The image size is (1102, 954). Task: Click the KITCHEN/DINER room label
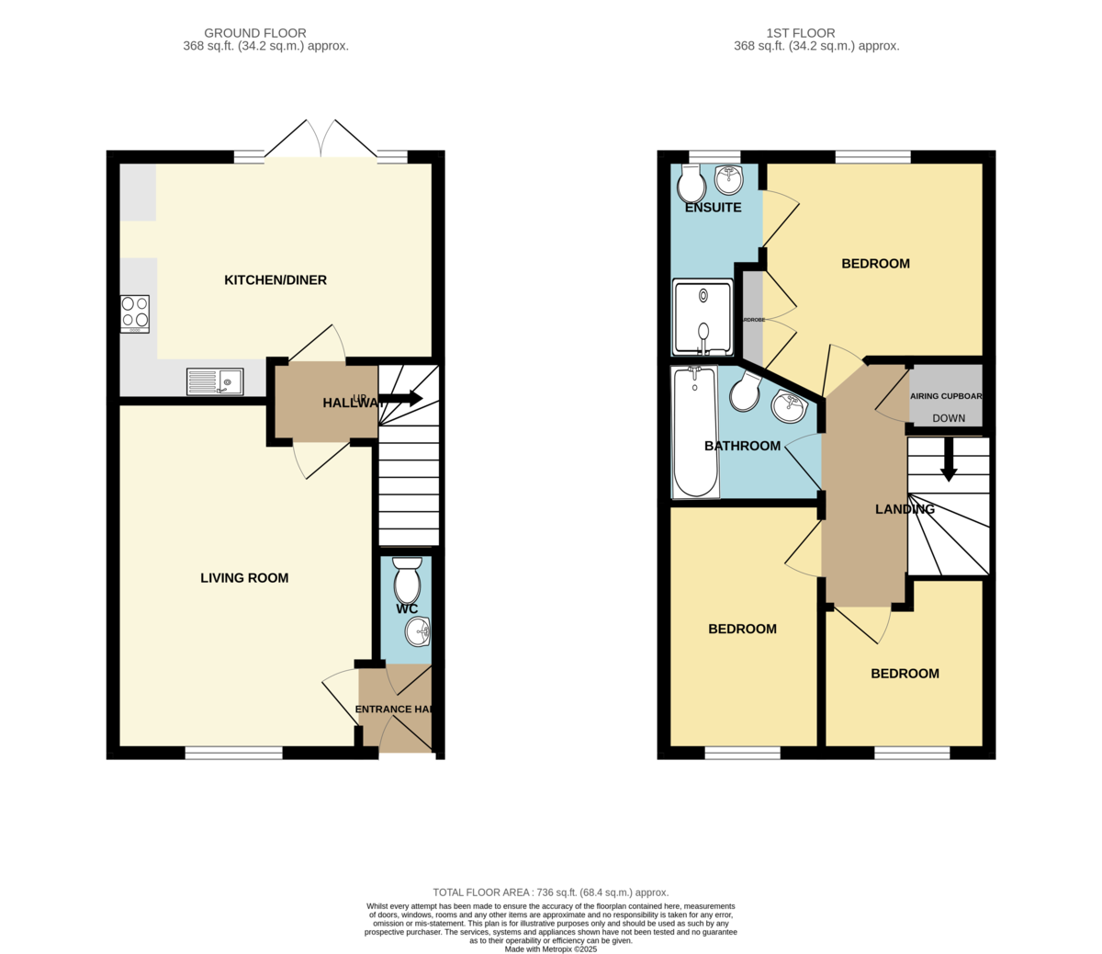pos(275,280)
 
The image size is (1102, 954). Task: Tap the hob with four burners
pos(134,313)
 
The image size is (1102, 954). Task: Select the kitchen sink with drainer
pos(215,381)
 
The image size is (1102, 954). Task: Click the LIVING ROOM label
pos(244,578)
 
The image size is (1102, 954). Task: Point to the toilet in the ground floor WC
pos(407,579)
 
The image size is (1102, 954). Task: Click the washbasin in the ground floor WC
pos(418,630)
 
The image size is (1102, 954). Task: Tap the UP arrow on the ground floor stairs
pos(400,399)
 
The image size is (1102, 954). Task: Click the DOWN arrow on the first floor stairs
pos(949,459)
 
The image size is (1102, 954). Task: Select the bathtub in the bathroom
pos(695,432)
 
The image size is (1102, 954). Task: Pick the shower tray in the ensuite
pos(703,317)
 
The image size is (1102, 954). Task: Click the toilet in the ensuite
pos(691,183)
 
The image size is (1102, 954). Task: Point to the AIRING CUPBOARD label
pos(946,397)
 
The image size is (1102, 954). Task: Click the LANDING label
pos(905,509)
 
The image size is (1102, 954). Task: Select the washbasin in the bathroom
pos(789,404)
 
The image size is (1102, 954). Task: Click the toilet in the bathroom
pos(745,393)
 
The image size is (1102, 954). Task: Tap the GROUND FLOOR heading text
pos(256,34)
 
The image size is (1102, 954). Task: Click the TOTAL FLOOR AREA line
pos(550,892)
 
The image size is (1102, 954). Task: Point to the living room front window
pos(233,754)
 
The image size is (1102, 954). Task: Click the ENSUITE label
pos(714,208)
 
